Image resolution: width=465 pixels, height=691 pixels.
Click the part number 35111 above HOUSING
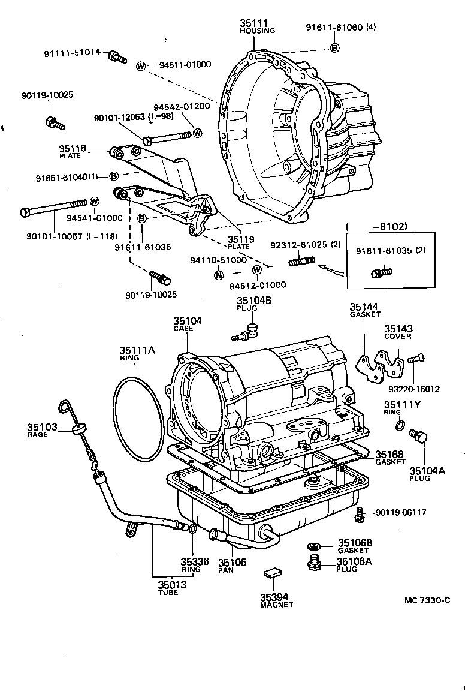pyautogui.click(x=254, y=23)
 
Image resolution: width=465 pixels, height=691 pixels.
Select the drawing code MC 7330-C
pyautogui.click(x=426, y=600)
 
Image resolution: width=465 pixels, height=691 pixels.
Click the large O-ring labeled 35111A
pyautogui.click(x=138, y=420)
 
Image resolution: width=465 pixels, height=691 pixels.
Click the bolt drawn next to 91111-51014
pyautogui.click(x=117, y=58)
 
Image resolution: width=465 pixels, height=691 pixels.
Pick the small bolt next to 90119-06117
pyautogui.click(x=360, y=512)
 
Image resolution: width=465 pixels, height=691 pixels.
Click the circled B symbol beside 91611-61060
pyautogui.click(x=335, y=47)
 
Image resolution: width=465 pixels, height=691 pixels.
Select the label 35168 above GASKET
pyautogui.click(x=389, y=454)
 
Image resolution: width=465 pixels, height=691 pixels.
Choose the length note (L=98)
pyautogui.click(x=162, y=118)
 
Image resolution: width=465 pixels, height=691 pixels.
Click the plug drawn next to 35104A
pyautogui.click(x=418, y=437)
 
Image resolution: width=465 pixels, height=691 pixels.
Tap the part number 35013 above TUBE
pyautogui.click(x=172, y=585)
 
